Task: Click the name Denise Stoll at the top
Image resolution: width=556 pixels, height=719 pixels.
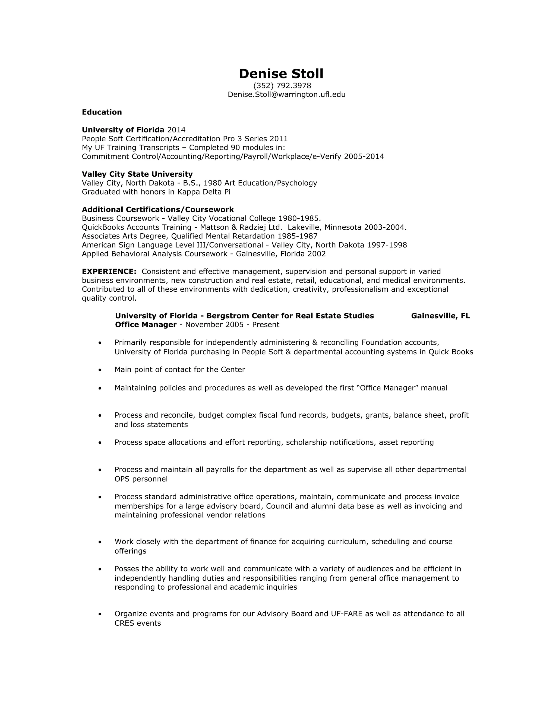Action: (281, 74)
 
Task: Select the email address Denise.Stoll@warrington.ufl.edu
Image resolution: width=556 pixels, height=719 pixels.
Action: (287, 95)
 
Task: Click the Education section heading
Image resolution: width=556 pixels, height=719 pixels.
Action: (102, 112)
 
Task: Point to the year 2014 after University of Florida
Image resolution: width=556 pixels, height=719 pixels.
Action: (176, 130)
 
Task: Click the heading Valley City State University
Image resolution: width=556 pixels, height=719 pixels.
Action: (137, 174)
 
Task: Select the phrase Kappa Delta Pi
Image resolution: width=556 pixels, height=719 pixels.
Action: (204, 192)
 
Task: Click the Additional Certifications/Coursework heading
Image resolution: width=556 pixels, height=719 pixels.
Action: (158, 210)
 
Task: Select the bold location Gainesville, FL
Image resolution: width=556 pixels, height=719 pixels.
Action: (440, 316)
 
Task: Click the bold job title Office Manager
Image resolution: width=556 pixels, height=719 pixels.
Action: (146, 325)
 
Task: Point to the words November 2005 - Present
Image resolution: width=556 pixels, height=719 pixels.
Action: (232, 325)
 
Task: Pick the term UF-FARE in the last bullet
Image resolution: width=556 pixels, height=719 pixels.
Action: (347, 614)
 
